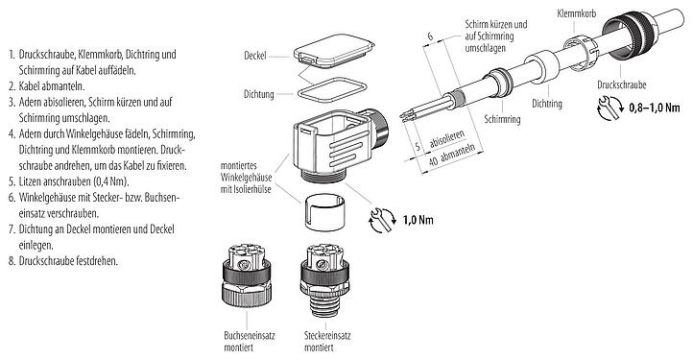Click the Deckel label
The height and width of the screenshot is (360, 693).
coord(255,56)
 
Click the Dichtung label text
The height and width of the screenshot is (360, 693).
coord(258,94)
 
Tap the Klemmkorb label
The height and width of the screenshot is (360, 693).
coord(576,13)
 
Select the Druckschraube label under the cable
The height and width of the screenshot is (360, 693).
coord(622,84)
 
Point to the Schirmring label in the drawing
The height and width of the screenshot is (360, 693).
coord(502,119)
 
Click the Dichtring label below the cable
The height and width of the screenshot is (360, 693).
coord(547,104)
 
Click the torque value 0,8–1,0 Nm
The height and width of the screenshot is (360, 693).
coord(654,107)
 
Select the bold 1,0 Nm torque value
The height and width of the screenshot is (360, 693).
coord(418,220)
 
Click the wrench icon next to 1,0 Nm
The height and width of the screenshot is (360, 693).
coord(381,220)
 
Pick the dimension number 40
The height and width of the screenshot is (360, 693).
coord(433,161)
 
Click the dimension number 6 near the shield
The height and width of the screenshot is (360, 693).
coord(430,36)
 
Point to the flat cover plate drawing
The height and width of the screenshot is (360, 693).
coord(334,52)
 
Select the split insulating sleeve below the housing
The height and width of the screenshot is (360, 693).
coord(323,212)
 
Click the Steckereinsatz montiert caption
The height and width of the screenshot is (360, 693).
coord(327,341)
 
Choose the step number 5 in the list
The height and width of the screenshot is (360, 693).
coord(12,181)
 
